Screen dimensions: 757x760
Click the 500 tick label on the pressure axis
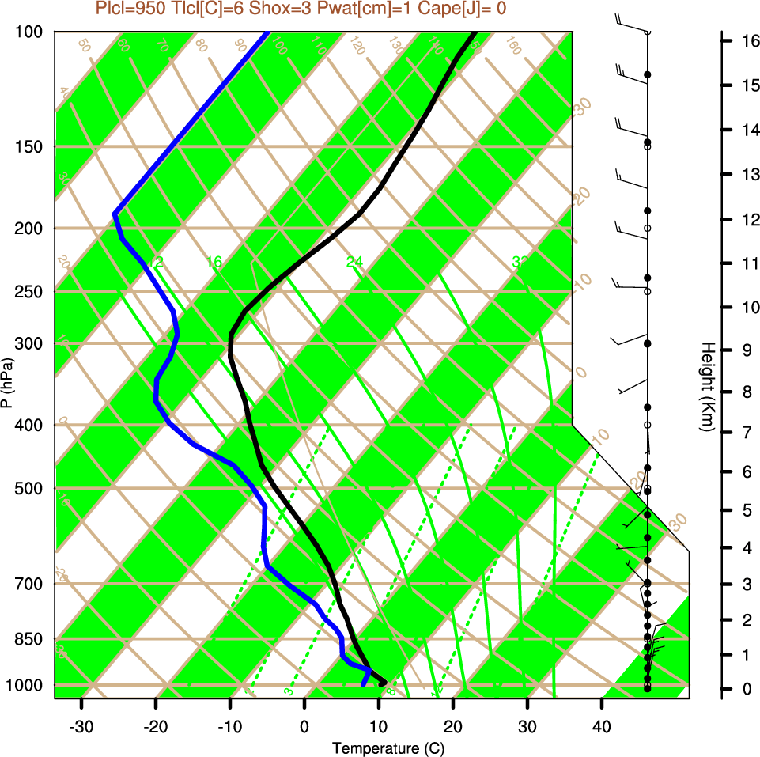point(31,488)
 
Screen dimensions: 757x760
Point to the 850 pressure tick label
point(31,638)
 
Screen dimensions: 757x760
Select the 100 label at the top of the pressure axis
point(31,32)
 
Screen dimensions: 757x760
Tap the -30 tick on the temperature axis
point(81,726)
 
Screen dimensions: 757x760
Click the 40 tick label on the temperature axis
point(602,726)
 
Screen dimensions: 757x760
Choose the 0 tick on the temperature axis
point(304,726)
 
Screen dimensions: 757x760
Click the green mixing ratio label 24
point(354,262)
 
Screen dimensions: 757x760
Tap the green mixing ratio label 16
point(214,262)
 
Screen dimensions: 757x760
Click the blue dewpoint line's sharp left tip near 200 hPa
point(115,214)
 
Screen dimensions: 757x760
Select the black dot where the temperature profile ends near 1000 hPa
point(383,683)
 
